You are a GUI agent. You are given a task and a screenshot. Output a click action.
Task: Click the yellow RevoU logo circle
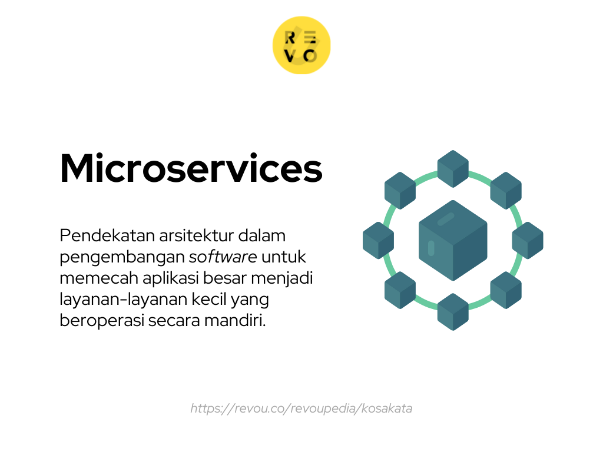(x=301, y=45)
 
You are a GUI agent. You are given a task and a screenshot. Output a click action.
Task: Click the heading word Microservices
(x=191, y=169)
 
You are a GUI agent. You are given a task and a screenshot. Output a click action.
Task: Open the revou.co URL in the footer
(x=301, y=408)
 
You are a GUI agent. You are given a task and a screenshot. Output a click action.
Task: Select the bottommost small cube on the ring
(x=453, y=311)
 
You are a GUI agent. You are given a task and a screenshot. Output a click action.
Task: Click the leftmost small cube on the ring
(x=378, y=240)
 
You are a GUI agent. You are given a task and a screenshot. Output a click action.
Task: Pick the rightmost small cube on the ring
(x=528, y=240)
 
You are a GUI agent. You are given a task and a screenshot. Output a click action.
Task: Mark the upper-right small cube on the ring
(x=506, y=190)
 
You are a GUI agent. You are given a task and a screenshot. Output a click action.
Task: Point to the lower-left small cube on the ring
(x=400, y=290)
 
